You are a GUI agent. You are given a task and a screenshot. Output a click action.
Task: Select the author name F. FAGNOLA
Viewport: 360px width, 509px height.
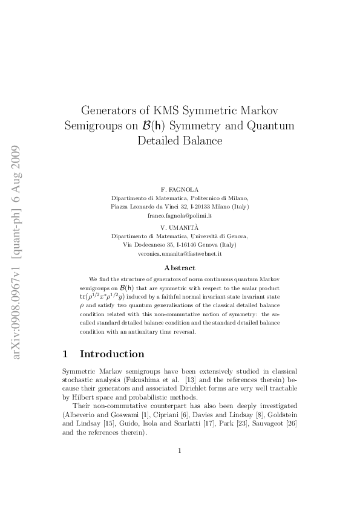pos(180,189)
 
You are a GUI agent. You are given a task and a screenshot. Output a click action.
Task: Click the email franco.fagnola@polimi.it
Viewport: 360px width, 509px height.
pos(180,215)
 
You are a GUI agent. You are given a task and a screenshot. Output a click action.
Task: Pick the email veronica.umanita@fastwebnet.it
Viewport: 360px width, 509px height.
pos(180,254)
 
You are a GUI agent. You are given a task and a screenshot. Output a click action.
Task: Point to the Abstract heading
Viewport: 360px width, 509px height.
pos(180,268)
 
